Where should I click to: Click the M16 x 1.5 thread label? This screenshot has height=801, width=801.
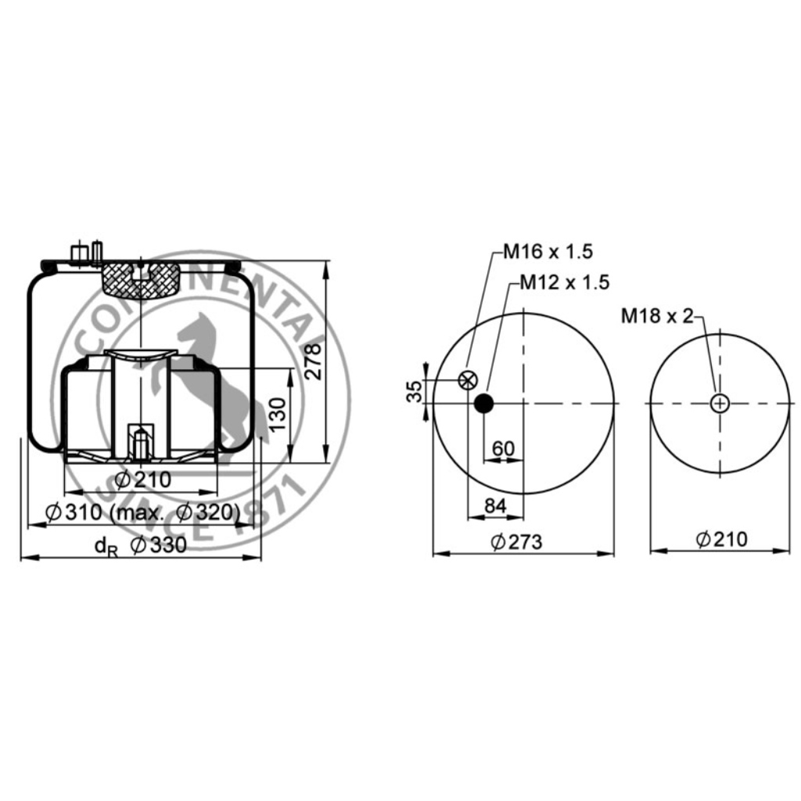coord(548,251)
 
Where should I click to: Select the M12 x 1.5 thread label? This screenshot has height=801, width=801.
coord(565,282)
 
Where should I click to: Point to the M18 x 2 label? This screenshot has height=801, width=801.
coord(657,316)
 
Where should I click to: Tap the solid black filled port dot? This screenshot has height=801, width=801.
coord(483,403)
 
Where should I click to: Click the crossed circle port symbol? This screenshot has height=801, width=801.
coord(468,380)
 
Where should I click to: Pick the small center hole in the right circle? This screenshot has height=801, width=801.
coord(720,404)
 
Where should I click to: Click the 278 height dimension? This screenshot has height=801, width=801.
coord(312,361)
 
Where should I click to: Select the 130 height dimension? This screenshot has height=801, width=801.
coord(278,415)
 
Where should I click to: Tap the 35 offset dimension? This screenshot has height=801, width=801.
coord(415,391)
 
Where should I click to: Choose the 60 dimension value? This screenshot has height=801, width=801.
coord(503,448)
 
